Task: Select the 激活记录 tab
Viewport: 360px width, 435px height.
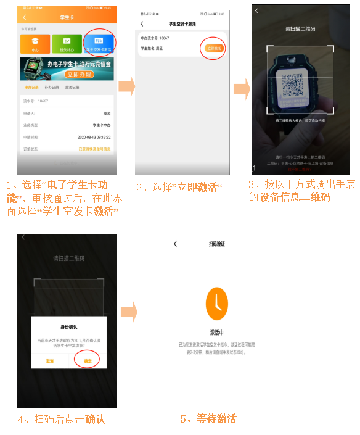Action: coord(73,88)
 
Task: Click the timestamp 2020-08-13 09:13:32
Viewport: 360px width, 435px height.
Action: coord(94,137)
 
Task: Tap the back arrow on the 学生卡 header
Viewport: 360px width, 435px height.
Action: coord(25,17)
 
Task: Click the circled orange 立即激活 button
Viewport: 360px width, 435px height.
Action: coord(212,48)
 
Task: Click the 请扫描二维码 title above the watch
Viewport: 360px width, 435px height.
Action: coord(301,28)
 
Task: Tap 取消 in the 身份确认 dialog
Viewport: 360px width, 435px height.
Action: coord(49,360)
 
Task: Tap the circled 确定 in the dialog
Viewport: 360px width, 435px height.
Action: coord(87,360)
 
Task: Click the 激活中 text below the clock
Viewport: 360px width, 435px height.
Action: coord(216,333)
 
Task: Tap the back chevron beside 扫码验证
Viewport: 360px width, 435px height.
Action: coord(176,244)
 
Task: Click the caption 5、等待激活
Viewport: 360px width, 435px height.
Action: coord(208,419)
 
